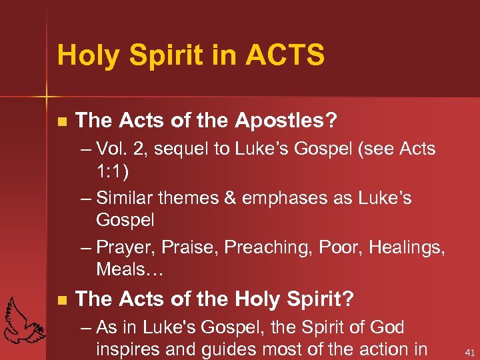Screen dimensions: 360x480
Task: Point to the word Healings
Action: (x=407, y=247)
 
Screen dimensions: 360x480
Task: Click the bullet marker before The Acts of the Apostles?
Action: (x=62, y=122)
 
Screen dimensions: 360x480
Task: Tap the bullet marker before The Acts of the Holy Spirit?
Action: (x=62, y=301)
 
